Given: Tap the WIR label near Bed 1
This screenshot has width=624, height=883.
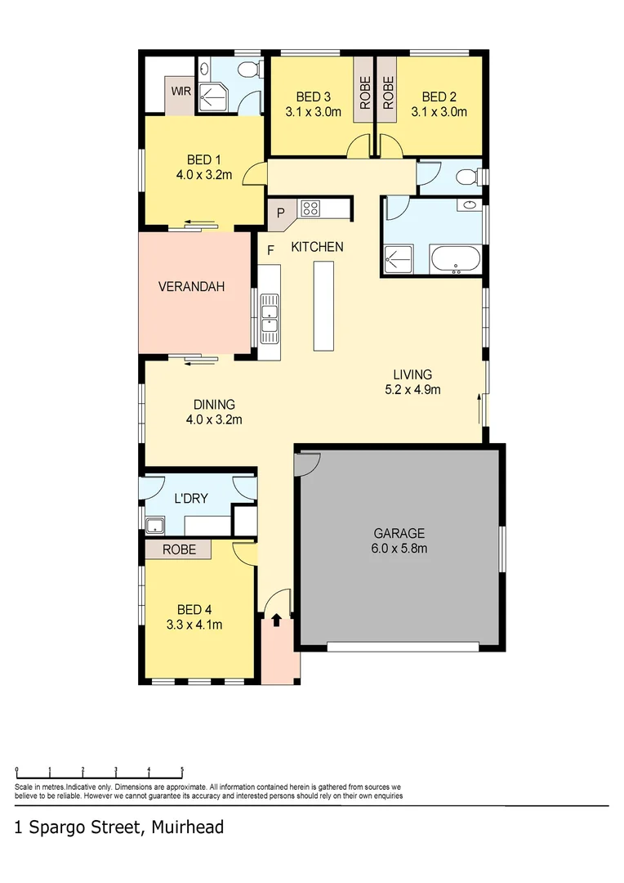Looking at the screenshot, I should pos(181,91).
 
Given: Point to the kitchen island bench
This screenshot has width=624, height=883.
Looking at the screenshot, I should pos(324,305).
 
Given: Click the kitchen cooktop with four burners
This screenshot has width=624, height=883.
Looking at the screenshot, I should pos(310,208).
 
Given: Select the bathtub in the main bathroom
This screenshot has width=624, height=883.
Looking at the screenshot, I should pos(455,261).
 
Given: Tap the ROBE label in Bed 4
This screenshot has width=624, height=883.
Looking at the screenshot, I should pos(178,549).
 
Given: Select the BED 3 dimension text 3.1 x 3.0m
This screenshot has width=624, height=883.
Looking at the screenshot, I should pos(314,112).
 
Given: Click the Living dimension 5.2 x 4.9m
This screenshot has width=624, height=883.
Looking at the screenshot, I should pos(412,390).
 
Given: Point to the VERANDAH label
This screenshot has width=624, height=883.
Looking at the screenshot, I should pos(191,287).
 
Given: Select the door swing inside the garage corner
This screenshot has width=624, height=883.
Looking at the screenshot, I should pos(308,463).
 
